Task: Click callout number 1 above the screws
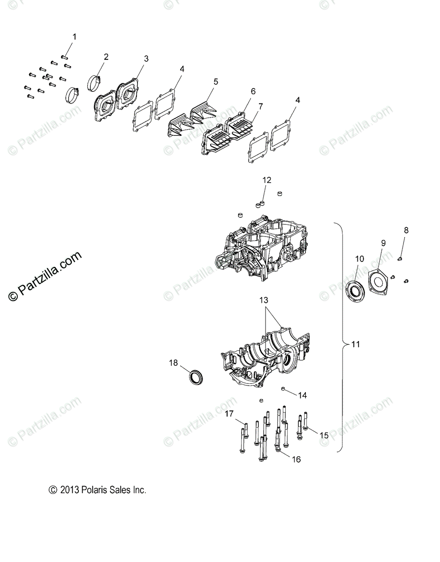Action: [74, 37]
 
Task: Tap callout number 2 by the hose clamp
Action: [106, 57]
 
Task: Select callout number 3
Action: [146, 59]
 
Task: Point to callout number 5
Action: [216, 82]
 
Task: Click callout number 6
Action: [253, 91]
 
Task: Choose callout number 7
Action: [260, 107]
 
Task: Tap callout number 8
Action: [406, 230]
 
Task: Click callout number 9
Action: [383, 243]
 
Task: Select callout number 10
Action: [359, 259]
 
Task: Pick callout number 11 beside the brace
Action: [356, 344]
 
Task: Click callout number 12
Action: [267, 180]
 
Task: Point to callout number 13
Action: [264, 300]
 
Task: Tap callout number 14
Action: [302, 395]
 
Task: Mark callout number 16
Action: [296, 459]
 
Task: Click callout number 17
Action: [229, 414]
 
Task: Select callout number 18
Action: [173, 363]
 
